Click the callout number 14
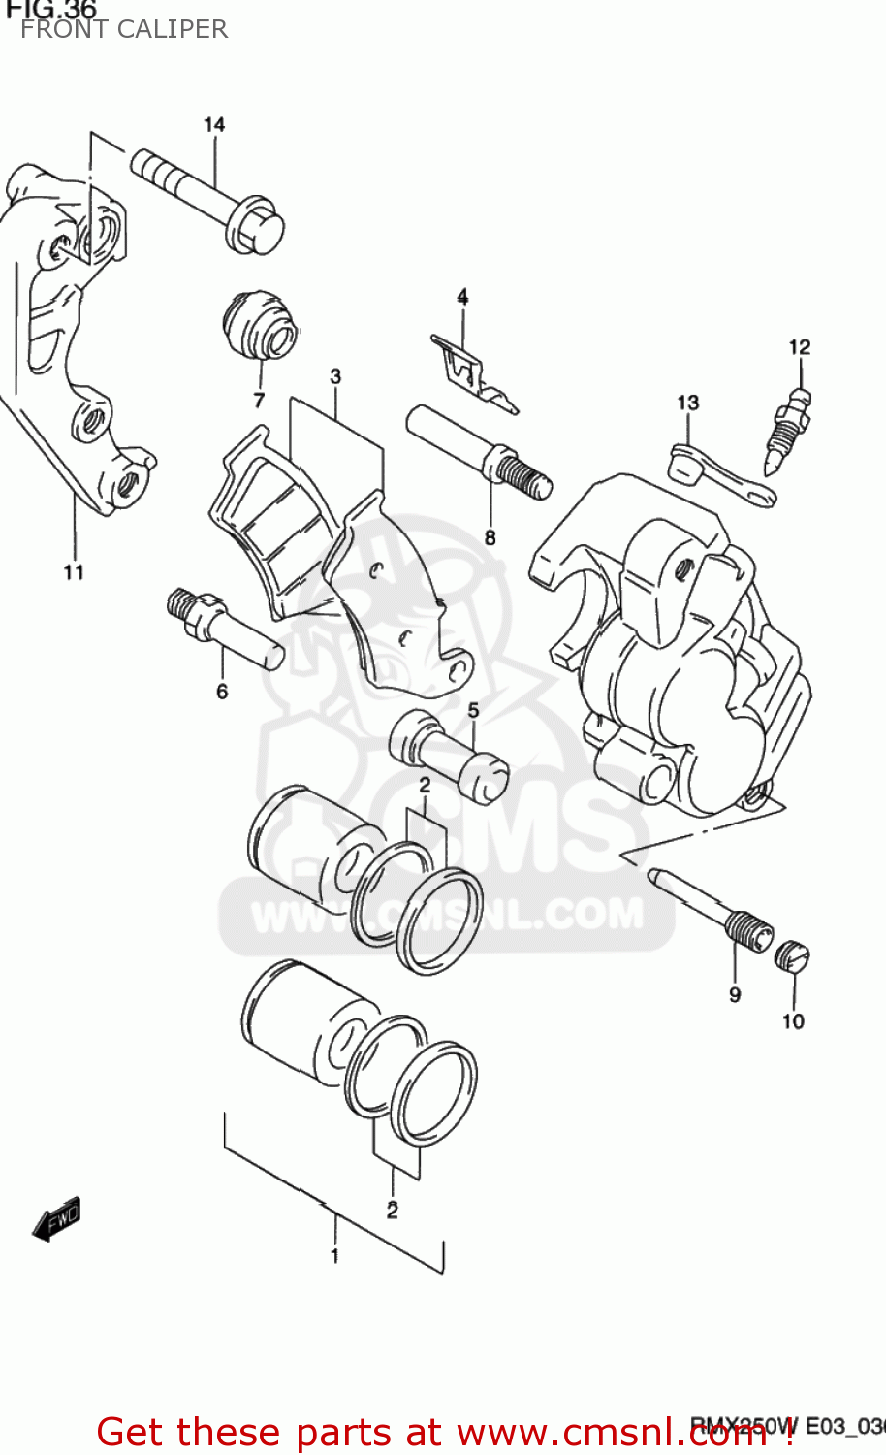click(214, 125)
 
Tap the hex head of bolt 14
click(255, 226)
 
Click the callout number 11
click(75, 572)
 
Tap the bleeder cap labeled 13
click(686, 463)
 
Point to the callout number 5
click(473, 711)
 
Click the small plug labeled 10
click(792, 957)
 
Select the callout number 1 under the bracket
click(334, 1256)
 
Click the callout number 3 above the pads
click(335, 376)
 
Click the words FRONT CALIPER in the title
click(124, 30)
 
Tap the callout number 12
click(800, 347)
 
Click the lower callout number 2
click(392, 1211)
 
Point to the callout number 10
click(793, 1021)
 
